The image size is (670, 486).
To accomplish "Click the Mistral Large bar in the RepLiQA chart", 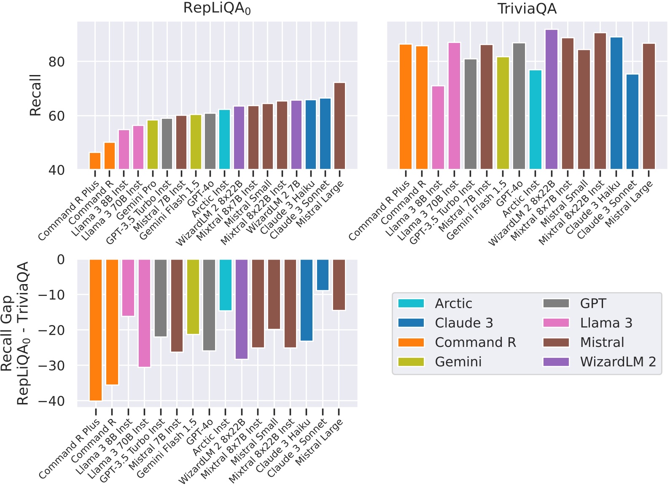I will pos(339,126).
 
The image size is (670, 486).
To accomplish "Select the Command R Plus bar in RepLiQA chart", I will pos(95,161).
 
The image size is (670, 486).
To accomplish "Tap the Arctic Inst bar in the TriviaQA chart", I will pos(535,120).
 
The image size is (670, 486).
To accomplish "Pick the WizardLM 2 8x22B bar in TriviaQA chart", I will pos(551,99).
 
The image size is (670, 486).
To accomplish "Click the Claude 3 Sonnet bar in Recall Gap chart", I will pos(323,275).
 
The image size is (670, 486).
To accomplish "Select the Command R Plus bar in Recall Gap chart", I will pos(96,330).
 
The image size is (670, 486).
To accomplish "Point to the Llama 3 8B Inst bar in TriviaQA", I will pos(438,128).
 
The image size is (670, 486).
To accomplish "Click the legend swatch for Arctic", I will pos(411,303).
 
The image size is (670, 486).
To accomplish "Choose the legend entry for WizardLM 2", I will pos(618,362).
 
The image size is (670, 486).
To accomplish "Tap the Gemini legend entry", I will pos(458,362).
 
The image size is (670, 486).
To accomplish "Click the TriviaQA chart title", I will pos(527,8).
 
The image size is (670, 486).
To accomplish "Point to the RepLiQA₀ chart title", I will pos(217,8).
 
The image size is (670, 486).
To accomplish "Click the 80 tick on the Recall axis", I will pos(57,62).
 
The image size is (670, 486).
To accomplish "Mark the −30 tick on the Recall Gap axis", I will pos(51,365).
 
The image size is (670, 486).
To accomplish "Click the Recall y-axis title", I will pos(35,95).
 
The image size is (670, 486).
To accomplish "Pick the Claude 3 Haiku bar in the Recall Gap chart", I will pos(307,300).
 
